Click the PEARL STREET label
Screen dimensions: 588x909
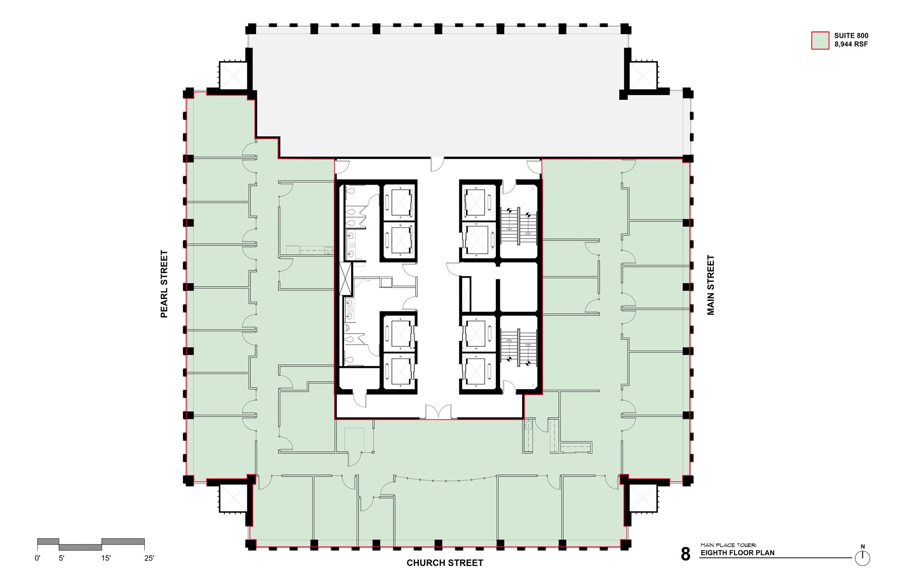164,284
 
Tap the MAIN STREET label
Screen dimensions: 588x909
711,285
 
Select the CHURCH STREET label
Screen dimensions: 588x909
445,563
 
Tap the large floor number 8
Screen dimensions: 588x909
686,555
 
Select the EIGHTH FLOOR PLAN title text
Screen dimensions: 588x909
738,553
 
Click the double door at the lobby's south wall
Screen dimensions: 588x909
439,413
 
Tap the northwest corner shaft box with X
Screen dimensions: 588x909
233,75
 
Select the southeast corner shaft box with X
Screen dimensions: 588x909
643,498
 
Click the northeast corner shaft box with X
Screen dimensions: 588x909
643,75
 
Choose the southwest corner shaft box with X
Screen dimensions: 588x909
233,498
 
